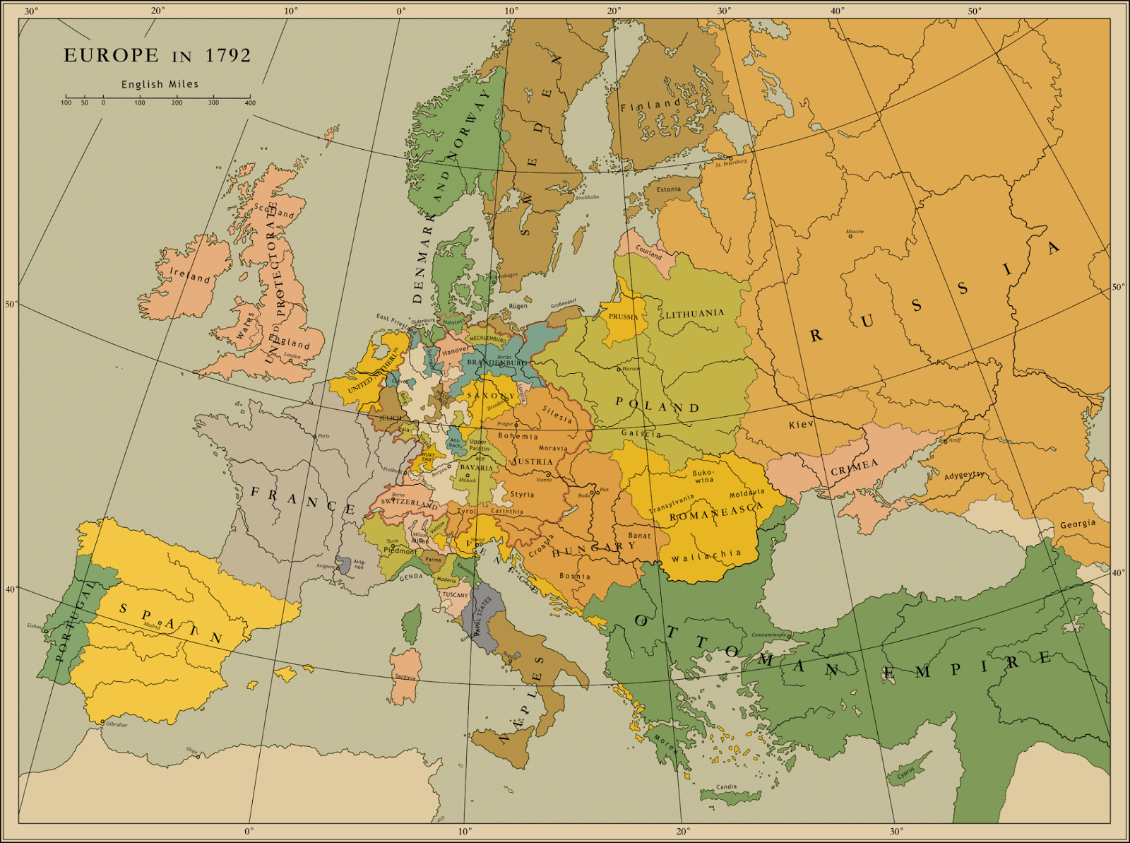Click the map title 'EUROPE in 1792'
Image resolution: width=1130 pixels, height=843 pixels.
157,56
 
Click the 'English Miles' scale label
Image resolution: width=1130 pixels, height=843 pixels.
160,84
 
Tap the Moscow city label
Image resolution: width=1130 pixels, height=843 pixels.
855,232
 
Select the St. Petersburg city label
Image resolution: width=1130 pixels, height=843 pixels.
730,163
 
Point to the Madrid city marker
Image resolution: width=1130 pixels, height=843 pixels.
160,623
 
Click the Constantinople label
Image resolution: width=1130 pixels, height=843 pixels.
768,635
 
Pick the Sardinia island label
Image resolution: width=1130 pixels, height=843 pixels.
405,677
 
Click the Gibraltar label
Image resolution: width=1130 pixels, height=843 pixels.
116,725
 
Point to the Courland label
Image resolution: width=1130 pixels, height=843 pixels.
648,252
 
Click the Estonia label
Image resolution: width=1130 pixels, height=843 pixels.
669,189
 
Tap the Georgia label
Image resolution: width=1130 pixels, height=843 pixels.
1078,524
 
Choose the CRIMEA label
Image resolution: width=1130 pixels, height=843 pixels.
854,467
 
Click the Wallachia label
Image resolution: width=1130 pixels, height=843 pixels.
706,556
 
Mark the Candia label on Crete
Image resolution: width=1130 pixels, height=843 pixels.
726,787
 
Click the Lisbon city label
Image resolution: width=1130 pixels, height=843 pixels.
35,625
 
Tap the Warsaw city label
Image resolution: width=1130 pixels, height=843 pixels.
631,369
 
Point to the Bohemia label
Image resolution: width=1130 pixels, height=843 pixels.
517,436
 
